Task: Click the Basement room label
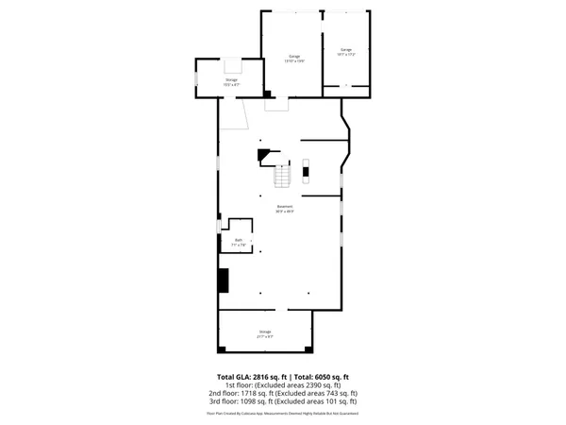(285, 209)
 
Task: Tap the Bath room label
(239, 242)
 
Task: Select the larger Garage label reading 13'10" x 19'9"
(293, 59)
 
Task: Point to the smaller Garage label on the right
(346, 52)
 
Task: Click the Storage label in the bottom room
(265, 332)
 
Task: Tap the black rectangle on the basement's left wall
(224, 281)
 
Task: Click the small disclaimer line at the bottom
(283, 413)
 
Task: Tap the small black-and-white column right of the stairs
(305, 170)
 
